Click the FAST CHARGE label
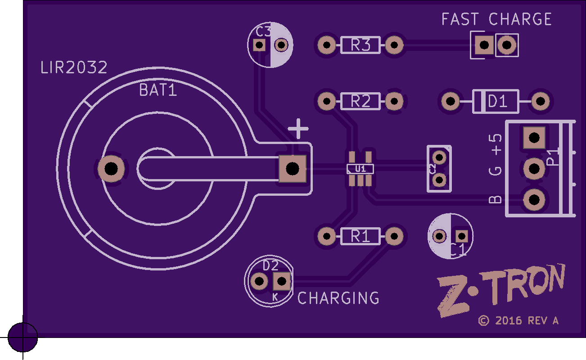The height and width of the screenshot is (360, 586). (496, 19)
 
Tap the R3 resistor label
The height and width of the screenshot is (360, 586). (361, 45)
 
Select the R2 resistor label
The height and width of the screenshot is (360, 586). (361, 102)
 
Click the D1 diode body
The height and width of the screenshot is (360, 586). (496, 102)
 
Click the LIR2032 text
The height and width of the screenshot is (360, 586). (74, 68)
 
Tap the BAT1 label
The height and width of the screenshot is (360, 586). (158, 90)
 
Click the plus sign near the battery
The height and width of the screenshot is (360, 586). (298, 129)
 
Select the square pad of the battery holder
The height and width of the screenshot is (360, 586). (293, 169)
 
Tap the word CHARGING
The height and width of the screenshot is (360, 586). (338, 298)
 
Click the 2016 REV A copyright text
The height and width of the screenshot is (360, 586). (518, 320)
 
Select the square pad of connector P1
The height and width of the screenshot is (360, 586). (534, 138)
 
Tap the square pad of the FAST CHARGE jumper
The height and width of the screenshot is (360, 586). (484, 45)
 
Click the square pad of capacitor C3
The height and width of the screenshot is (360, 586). (259, 45)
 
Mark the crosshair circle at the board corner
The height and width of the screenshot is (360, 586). (23, 337)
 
